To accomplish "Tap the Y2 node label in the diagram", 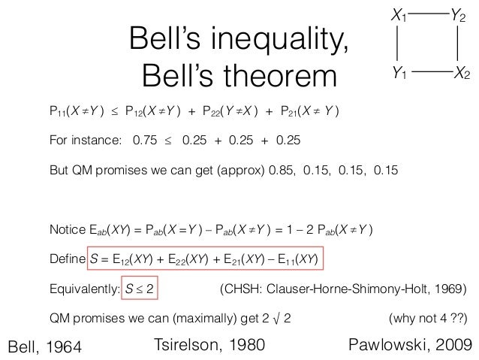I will (x=459, y=14).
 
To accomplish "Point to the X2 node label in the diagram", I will (x=462, y=73).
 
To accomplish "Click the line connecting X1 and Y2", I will (x=428, y=13).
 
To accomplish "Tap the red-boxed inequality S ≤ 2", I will (x=140, y=289).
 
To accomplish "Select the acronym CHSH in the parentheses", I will (x=240, y=289).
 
